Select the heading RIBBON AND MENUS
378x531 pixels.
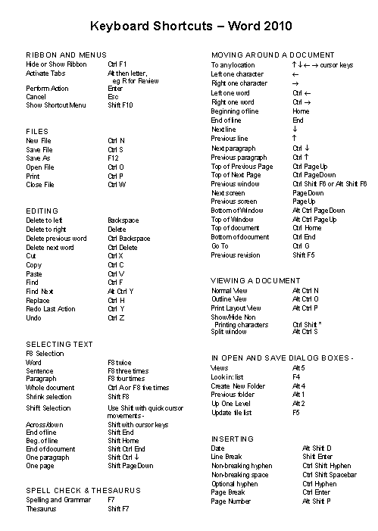(66, 55)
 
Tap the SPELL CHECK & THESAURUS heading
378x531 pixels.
(80, 490)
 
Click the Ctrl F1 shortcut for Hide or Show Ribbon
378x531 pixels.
(117, 64)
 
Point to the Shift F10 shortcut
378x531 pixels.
(120, 105)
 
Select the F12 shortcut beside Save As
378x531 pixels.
(114, 158)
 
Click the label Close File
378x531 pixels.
(40, 184)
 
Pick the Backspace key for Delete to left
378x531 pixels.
(123, 220)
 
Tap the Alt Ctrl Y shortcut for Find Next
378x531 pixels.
(120, 291)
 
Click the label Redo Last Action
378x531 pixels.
(51, 308)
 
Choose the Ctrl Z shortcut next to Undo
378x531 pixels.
(117, 317)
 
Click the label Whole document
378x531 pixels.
(50, 387)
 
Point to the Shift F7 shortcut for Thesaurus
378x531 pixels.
(119, 508)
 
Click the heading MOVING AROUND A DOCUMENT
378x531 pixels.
(273, 55)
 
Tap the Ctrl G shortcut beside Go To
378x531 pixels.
(301, 246)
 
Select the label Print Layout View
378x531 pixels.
(236, 308)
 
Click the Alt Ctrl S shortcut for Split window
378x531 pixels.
(305, 331)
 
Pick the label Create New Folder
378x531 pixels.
(238, 386)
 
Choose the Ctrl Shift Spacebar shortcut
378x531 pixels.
(330, 474)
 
